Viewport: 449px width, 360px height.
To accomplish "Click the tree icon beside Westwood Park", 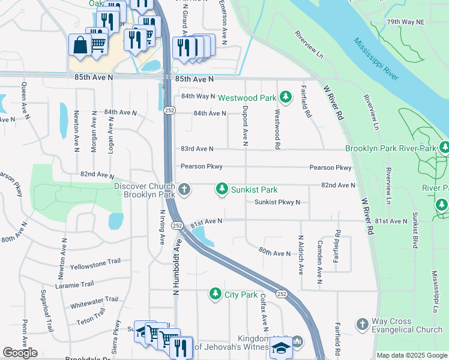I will [286, 97].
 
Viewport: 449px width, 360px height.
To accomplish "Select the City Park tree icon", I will [215, 294].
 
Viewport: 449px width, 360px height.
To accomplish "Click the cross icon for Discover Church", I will [184, 190].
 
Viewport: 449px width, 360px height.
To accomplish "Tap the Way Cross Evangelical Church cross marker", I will [362, 325].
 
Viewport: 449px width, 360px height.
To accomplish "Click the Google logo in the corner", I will [20, 352].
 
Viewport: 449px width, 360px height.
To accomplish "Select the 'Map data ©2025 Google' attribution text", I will [412, 355].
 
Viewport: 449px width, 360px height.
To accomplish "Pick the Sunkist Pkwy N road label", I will [277, 202].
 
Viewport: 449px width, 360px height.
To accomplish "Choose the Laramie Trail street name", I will [74, 284].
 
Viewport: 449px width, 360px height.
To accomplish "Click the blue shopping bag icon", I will [79, 45].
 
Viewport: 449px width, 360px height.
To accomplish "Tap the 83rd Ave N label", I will [197, 149].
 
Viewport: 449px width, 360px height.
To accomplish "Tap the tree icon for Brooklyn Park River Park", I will [444, 147].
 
